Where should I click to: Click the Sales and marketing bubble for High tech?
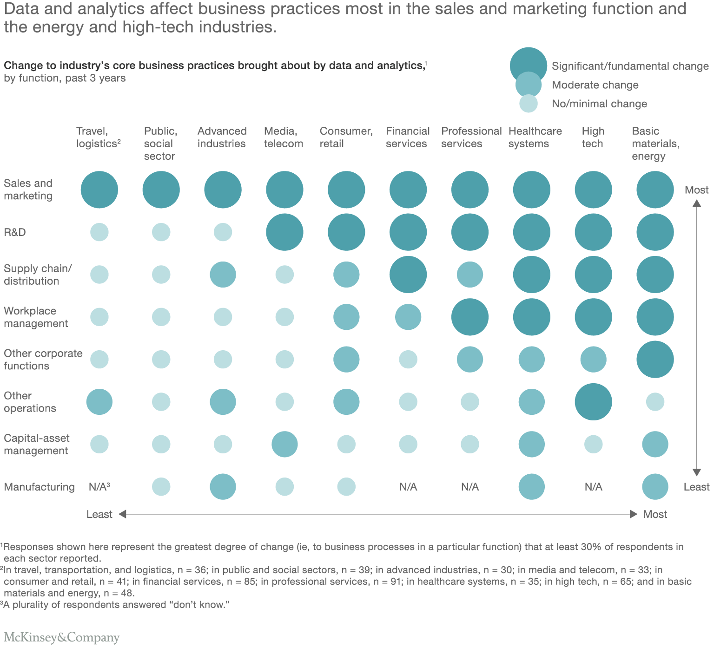593,190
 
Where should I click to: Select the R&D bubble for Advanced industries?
223,232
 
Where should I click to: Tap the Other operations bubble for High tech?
593,402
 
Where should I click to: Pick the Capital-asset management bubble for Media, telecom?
284,444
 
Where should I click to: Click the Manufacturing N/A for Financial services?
408,487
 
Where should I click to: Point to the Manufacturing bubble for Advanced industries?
223,487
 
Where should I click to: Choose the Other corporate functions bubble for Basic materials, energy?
655,359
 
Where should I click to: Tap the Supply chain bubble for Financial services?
408,275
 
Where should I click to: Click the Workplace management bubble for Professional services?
470,317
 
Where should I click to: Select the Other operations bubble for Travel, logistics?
99,402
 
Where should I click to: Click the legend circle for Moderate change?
529,85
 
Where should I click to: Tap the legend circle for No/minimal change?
529,104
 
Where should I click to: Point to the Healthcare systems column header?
535,137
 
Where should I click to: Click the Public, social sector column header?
160,144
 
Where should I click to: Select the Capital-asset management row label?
36,445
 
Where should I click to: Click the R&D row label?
15,232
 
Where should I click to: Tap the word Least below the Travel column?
99,514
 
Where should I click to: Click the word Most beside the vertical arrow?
696,190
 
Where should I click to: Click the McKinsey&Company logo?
61,637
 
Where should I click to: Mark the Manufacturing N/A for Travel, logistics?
99,487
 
